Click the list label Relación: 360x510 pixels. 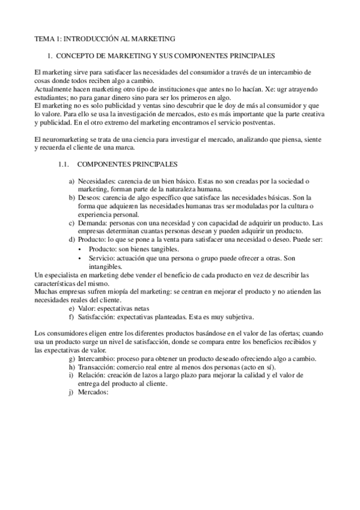click(x=94, y=375)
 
